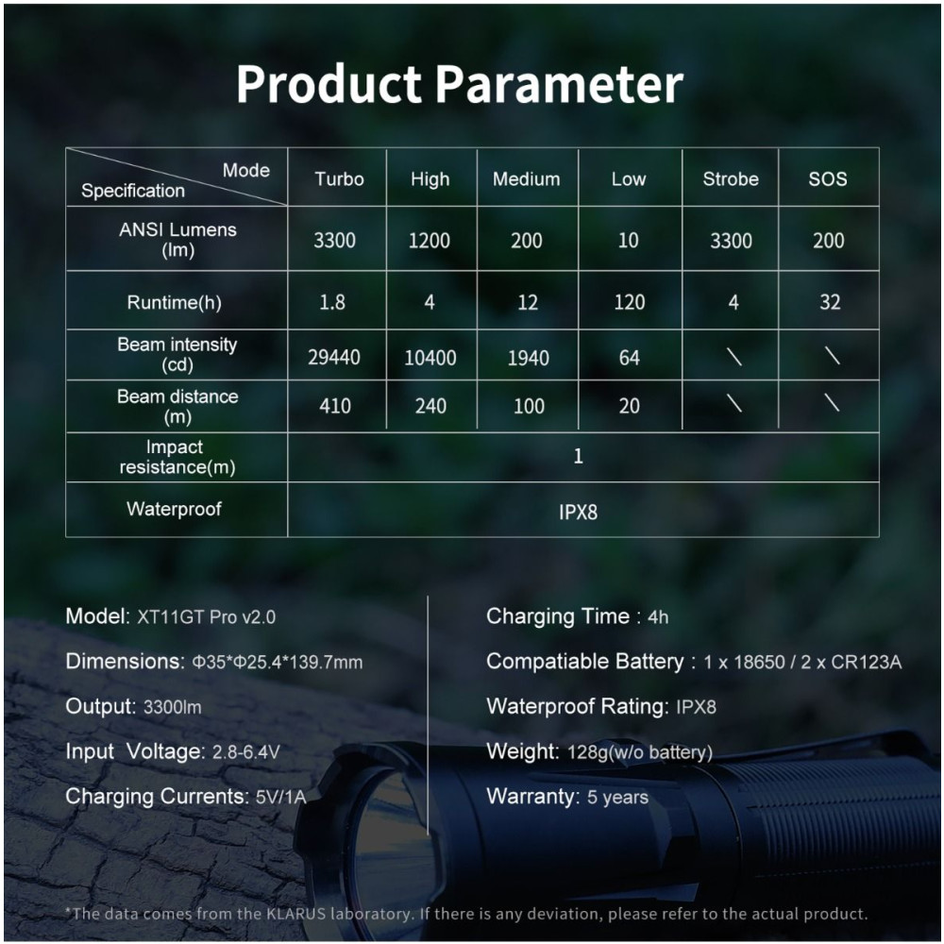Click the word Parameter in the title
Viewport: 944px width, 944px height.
pyautogui.click(x=559, y=84)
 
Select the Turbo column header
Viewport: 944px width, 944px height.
pyautogui.click(x=339, y=178)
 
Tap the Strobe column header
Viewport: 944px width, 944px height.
pyautogui.click(x=731, y=178)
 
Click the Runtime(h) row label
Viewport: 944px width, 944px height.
pyautogui.click(x=174, y=302)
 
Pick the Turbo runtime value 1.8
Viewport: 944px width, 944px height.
pyautogui.click(x=332, y=302)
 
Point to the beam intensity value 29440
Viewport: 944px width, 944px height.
pyautogui.click(x=334, y=358)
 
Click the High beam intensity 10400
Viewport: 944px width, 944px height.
pyautogui.click(x=430, y=358)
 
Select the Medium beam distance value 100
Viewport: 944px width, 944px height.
pyautogui.click(x=529, y=406)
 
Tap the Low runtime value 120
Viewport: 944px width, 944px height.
pyautogui.click(x=629, y=302)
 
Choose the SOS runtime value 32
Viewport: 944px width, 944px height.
pyautogui.click(x=830, y=302)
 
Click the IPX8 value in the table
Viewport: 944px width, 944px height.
pyautogui.click(x=578, y=512)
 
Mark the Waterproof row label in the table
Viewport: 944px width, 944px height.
pyautogui.click(x=174, y=509)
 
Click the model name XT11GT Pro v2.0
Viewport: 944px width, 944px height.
pyautogui.click(x=207, y=617)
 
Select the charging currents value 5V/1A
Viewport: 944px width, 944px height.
pyautogui.click(x=281, y=797)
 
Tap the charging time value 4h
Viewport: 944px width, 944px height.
pyautogui.click(x=658, y=617)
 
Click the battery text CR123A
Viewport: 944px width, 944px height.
pyautogui.click(x=867, y=663)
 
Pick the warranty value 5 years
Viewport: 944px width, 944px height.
pyautogui.click(x=617, y=797)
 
